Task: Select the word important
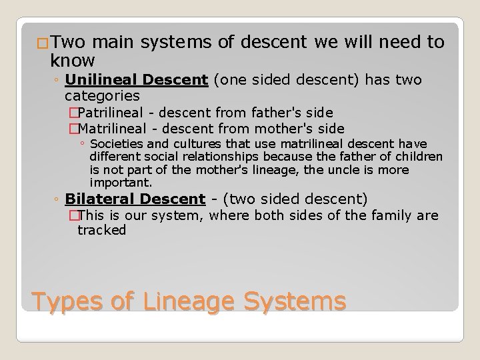point(121,182)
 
